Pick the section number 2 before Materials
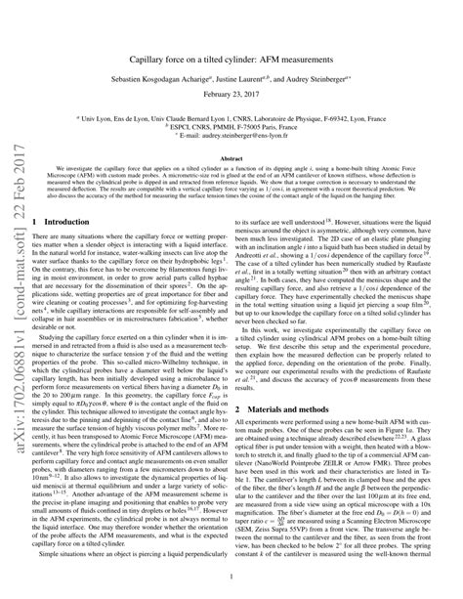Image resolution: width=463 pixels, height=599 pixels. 253,380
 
